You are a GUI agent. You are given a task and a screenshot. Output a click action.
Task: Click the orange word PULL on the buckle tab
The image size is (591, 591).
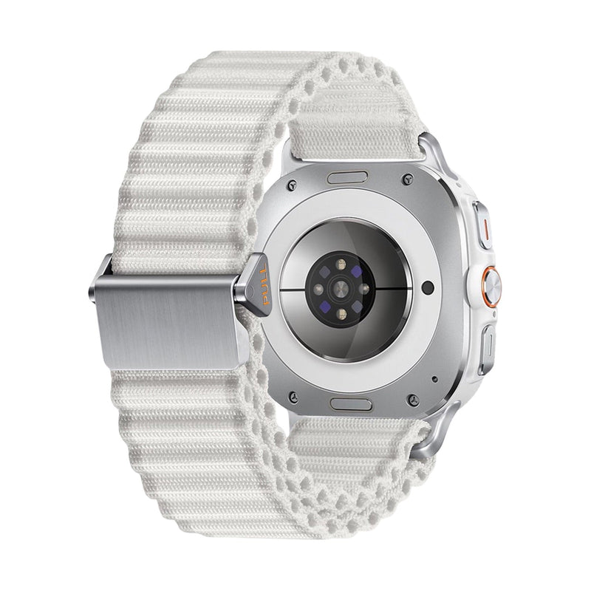[265, 284]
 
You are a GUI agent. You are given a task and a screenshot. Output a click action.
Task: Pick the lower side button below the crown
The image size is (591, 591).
[488, 349]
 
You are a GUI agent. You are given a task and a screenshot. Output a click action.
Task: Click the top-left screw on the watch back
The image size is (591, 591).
[292, 185]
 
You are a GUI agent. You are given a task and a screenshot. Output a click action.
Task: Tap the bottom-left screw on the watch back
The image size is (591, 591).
[294, 397]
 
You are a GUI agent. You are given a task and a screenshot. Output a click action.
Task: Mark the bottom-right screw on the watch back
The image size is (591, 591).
[414, 400]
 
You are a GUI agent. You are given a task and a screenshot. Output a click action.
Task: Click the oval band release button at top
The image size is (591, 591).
[347, 177]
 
